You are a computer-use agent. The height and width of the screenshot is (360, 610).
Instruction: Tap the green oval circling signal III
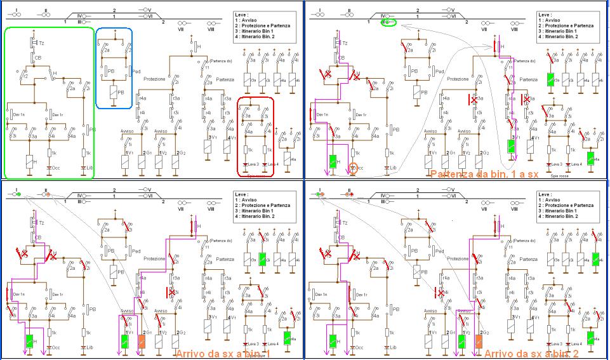pyautogui.click(x=387, y=23)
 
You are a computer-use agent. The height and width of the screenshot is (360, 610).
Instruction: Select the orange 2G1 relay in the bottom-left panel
pyautogui.click(x=142, y=340)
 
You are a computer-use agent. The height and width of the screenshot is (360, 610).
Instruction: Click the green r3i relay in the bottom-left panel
pyautogui.click(x=262, y=260)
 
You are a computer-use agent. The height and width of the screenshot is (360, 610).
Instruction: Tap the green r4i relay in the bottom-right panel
pyautogui.click(x=596, y=260)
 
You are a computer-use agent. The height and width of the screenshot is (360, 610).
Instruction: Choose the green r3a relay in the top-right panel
pyautogui.click(x=552, y=81)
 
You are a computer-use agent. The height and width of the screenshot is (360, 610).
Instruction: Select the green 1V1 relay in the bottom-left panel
pyautogui.click(x=126, y=340)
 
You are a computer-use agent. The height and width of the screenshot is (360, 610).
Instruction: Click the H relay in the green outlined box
pyautogui.click(x=28, y=161)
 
